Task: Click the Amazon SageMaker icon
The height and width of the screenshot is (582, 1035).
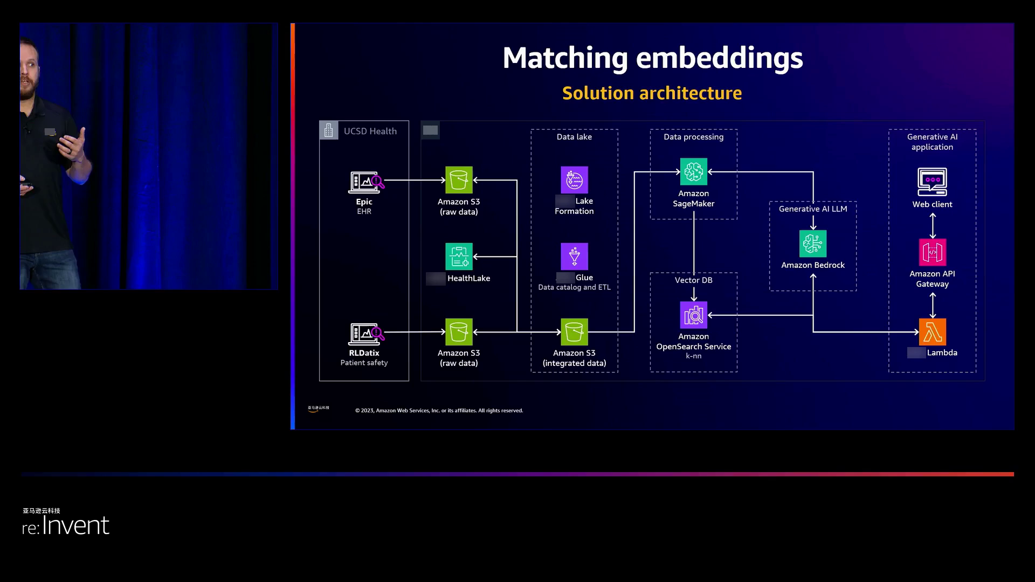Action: coord(693,172)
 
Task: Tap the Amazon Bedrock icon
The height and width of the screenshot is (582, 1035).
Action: coord(813,244)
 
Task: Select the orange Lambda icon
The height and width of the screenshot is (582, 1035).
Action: coord(932,332)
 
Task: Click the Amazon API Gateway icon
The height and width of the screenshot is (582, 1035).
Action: coord(932,252)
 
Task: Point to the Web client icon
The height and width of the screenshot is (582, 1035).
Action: coord(932,182)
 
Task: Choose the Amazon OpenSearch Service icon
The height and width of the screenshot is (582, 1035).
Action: coord(693,315)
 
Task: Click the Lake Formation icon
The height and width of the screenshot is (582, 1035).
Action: coord(574,180)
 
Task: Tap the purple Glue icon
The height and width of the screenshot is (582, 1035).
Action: coord(574,257)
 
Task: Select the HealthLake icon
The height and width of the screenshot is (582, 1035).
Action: coord(459,257)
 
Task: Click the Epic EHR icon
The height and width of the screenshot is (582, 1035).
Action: coord(366,183)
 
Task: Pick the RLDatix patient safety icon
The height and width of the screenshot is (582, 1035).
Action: coord(366,334)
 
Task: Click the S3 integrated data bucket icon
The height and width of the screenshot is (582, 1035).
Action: coord(574,332)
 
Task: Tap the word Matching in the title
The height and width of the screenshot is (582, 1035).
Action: coord(565,58)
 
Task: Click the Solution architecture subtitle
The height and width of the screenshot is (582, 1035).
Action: coord(652,93)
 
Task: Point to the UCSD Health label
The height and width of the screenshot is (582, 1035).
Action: coord(370,131)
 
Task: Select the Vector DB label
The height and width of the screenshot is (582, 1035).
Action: coord(693,280)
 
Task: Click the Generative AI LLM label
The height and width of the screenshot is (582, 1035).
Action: coord(812,209)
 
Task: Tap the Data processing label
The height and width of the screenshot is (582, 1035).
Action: coord(693,137)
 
